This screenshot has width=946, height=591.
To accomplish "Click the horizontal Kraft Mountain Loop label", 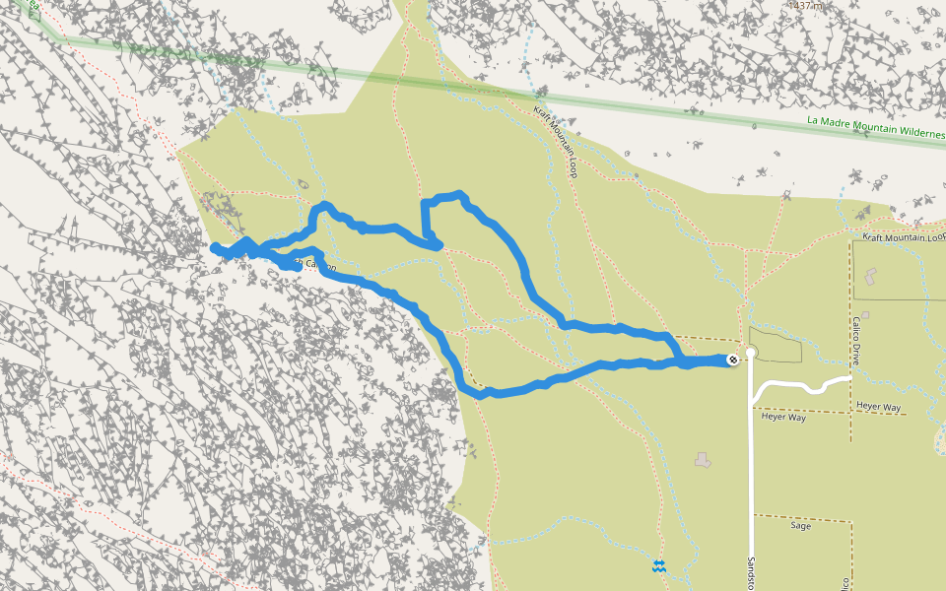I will (x=903, y=237).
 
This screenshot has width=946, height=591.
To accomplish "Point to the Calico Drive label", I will (x=856, y=337).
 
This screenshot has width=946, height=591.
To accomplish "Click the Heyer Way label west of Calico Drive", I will (x=784, y=417).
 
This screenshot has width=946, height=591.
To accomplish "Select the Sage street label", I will (x=800, y=526).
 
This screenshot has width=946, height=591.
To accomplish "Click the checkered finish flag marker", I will (x=733, y=360).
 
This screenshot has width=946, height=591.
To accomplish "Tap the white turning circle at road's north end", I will (x=751, y=352).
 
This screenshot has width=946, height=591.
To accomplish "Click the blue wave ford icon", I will (x=658, y=566).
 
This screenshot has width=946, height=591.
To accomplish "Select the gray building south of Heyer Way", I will (x=702, y=459).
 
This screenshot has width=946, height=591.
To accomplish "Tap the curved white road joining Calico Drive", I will (x=803, y=385).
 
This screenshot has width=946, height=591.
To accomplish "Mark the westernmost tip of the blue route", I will (x=214, y=247).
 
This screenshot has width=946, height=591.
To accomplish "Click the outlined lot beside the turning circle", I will (x=776, y=344).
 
